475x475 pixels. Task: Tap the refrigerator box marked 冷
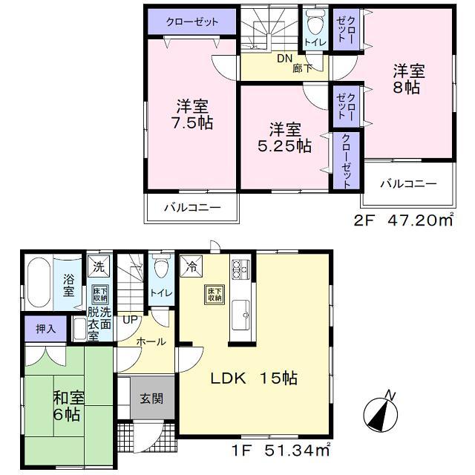[x=190, y=263]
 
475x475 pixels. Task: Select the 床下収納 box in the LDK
[x=213, y=295]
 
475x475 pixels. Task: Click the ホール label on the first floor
[x=151, y=341]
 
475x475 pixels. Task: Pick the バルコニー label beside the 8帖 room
[x=409, y=183]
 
